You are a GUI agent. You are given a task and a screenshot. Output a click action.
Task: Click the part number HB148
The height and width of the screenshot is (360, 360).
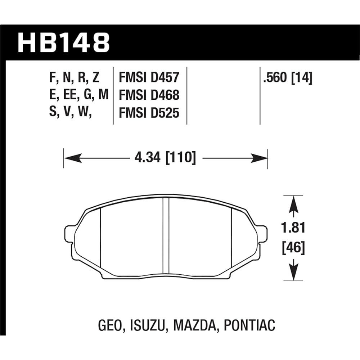(x=63, y=42)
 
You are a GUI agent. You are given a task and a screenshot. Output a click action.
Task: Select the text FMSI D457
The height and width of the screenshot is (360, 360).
(x=149, y=77)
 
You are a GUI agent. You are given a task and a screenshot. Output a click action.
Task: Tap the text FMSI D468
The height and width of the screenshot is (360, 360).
(x=149, y=95)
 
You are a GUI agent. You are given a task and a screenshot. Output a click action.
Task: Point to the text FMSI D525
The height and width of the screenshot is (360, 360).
(x=149, y=113)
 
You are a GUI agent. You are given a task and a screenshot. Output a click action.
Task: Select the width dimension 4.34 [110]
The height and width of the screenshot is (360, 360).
(x=165, y=158)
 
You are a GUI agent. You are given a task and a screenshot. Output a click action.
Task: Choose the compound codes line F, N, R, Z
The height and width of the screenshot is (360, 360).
(x=75, y=77)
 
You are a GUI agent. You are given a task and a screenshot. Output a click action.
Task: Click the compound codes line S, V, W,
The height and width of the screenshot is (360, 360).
(x=70, y=113)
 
